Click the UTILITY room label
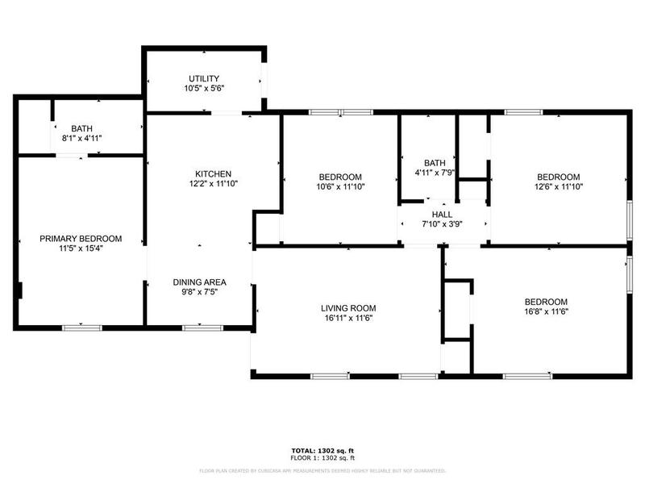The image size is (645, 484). point(204,78)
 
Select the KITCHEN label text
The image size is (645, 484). point(214,173)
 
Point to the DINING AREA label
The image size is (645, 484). point(199,282)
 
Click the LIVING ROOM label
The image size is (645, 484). point(348,308)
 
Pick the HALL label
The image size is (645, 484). point(442,214)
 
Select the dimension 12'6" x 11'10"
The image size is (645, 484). point(558,186)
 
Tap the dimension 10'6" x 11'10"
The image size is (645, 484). point(339,186)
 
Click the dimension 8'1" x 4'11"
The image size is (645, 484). point(81,138)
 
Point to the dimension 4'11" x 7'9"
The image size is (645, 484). point(435,172)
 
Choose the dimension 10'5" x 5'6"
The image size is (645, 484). point(204,88)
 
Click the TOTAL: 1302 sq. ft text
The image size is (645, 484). point(322,449)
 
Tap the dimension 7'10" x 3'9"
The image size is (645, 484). point(442,223)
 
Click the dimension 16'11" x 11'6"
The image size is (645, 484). point(348,318)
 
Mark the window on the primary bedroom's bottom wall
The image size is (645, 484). point(82,327)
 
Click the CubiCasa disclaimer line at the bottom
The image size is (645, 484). point(322,470)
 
